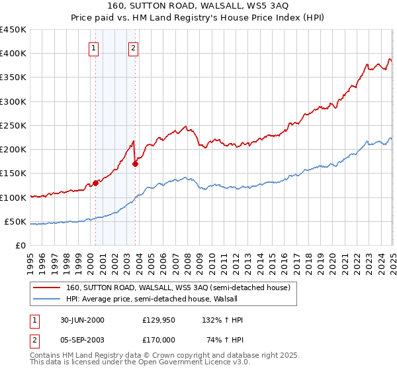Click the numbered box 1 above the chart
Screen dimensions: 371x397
pos(94,48)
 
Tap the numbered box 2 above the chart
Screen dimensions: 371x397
pos(134,48)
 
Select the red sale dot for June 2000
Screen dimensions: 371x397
pos(95,183)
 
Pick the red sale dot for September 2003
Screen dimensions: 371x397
pos(135,164)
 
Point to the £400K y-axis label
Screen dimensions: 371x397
pos(13,54)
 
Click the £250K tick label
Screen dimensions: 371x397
pos(13,125)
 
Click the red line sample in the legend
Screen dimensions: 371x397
pos(47,288)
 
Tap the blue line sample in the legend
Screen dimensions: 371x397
pos(47,298)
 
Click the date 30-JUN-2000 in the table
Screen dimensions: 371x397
pos(82,320)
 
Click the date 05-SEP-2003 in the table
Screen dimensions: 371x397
pos(82,339)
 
